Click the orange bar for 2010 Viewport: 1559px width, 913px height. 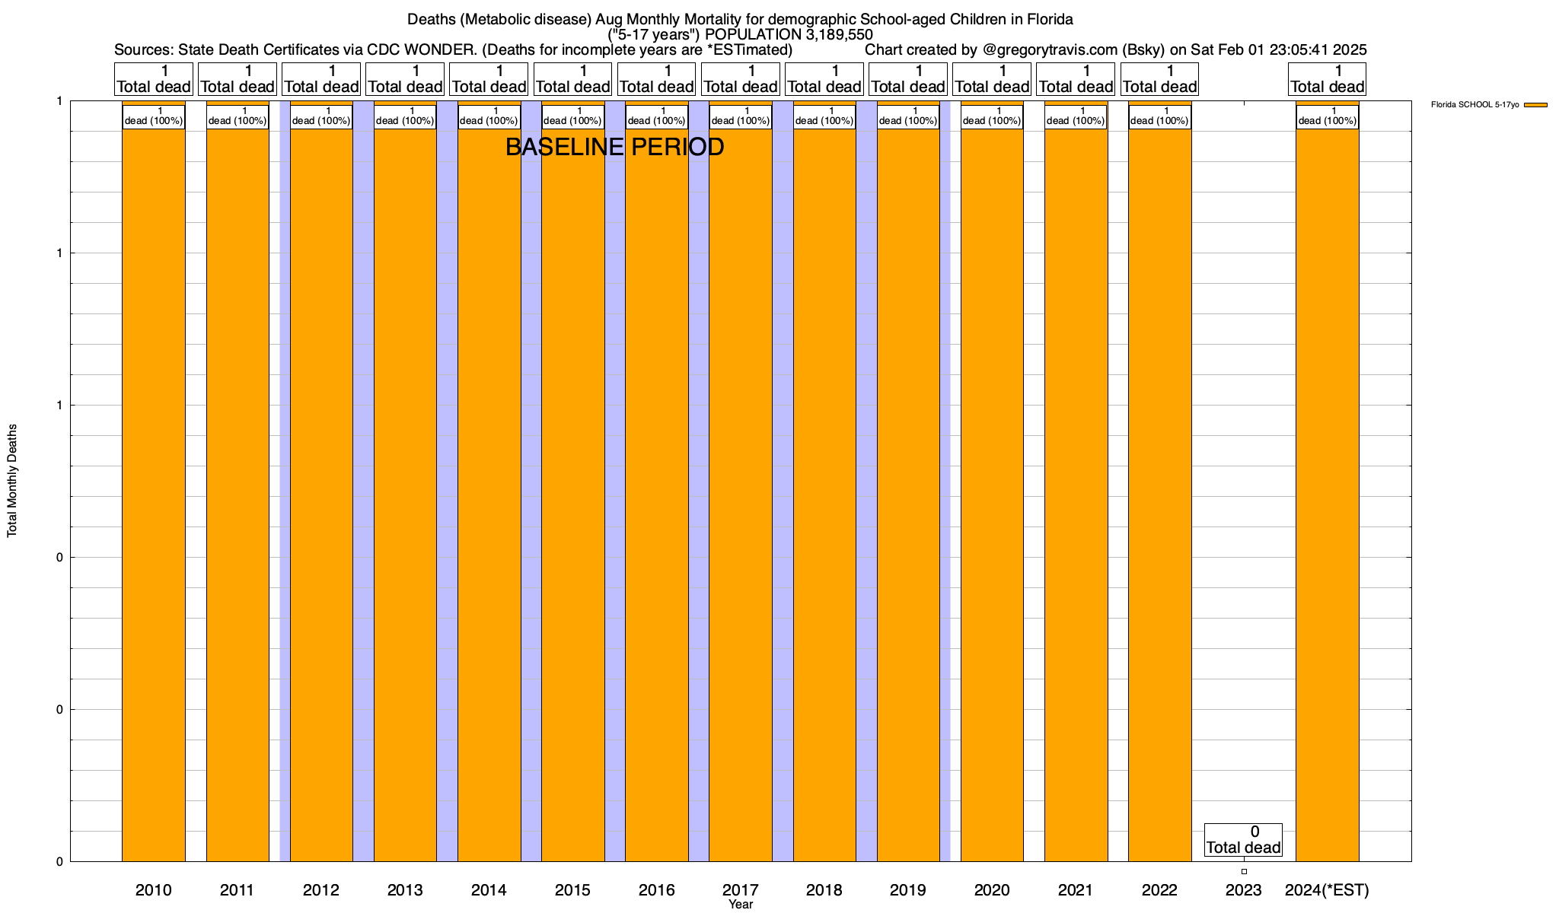click(x=154, y=495)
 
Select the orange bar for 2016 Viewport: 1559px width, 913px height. click(x=657, y=495)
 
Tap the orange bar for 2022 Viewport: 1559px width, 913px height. click(x=1159, y=495)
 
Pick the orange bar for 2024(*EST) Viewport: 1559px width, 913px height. click(x=1327, y=495)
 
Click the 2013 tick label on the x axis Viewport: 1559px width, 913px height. click(x=405, y=889)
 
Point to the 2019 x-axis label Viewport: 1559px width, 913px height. click(x=908, y=889)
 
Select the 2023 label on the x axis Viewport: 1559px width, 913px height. click(x=1243, y=889)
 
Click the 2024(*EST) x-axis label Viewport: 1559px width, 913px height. click(x=1327, y=889)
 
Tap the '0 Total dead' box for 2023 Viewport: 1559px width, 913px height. click(x=1243, y=840)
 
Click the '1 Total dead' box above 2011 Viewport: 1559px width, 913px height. click(x=238, y=79)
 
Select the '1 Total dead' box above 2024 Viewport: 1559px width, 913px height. click(x=1327, y=79)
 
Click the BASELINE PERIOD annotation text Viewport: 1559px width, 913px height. click(x=614, y=147)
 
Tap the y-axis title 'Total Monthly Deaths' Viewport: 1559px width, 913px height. click(x=12, y=481)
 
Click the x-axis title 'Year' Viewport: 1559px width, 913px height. click(x=740, y=904)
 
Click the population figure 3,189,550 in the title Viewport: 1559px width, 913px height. click(x=834, y=34)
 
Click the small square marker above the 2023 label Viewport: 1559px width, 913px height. click(x=1244, y=871)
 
